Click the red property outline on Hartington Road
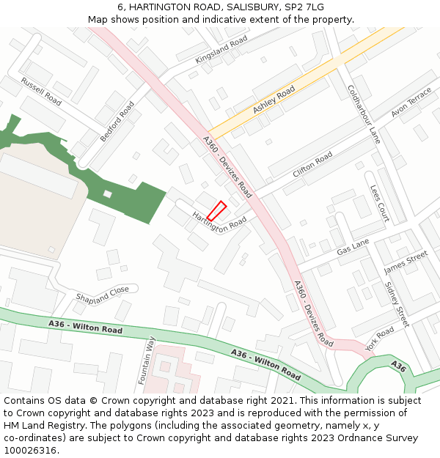tap(216, 210)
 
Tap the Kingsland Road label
tap(221, 51)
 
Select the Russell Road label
tap(41, 92)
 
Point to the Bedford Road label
tap(117, 121)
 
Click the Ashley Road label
tap(274, 100)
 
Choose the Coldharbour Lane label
tap(364, 113)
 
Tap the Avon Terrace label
tap(411, 102)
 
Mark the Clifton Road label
tap(312, 165)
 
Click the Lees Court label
tap(379, 203)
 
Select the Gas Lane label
tap(353, 247)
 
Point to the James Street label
tap(406, 262)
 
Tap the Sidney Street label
tap(397, 304)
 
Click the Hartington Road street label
tap(219, 221)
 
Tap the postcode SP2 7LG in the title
tap(304, 7)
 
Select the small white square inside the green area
tap(108, 193)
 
